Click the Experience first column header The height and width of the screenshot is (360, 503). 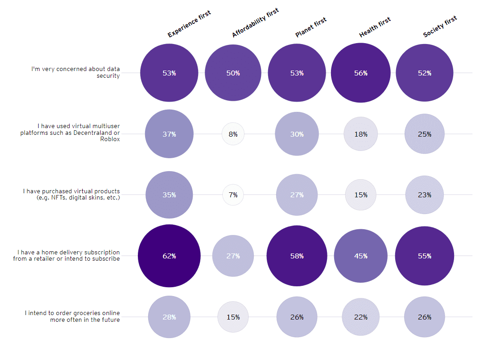pos(189,25)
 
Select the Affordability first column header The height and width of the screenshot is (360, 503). pos(255,23)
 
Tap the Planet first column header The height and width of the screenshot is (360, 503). pos(310,27)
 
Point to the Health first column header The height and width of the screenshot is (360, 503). pos(375,27)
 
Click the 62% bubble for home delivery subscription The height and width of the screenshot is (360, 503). pos(169,256)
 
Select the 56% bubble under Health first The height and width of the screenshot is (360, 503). pos(361,73)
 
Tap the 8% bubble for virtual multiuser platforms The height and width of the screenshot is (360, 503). pos(233,134)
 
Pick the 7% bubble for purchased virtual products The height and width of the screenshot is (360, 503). pos(233,195)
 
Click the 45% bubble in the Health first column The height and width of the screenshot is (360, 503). pos(361,256)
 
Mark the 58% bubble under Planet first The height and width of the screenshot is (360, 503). pos(297,256)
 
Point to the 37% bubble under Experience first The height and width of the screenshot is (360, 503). pos(169,134)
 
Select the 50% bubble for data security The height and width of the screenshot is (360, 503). pos(233,73)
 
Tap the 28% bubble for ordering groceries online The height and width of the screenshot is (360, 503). pos(169,317)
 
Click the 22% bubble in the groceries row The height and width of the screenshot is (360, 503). pos(361,317)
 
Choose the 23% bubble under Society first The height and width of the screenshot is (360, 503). pos(424,195)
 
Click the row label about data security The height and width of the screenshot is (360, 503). pos(75,72)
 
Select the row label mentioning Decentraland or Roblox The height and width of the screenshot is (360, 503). pos(70,133)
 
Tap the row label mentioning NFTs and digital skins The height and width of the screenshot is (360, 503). pos(72,194)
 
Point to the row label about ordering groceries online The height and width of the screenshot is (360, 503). pos(72,316)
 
